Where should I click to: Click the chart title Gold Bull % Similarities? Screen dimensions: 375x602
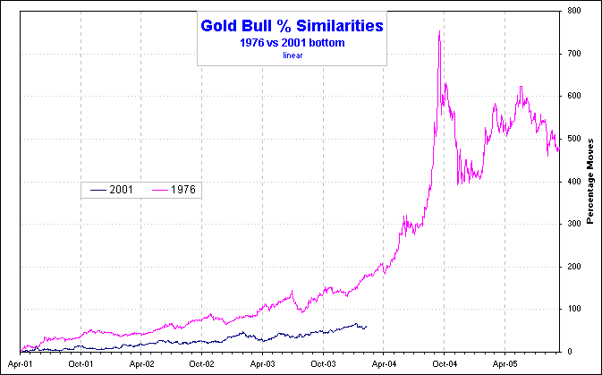(x=293, y=26)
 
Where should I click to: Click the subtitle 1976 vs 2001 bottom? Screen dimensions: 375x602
(x=293, y=42)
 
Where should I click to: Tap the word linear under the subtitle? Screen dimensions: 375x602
(x=293, y=55)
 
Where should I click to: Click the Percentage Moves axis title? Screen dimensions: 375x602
(x=591, y=180)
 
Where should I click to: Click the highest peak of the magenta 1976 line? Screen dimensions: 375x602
(x=439, y=32)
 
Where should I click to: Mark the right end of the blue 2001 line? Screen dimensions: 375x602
(x=365, y=326)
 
